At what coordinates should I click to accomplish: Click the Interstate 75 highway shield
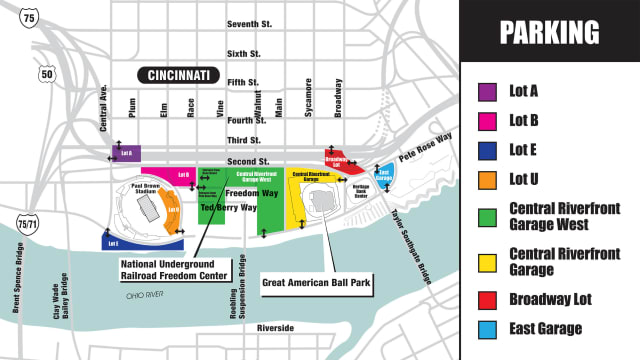click(33, 17)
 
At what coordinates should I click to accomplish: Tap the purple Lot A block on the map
click(126, 153)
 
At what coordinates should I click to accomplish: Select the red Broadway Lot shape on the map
click(340, 162)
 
